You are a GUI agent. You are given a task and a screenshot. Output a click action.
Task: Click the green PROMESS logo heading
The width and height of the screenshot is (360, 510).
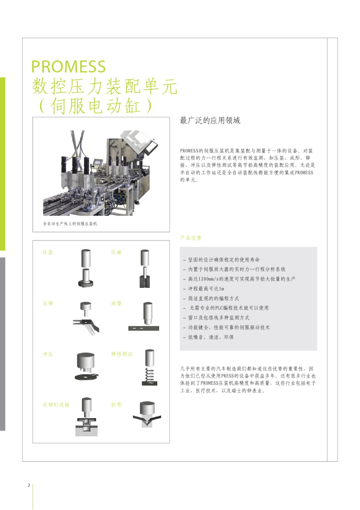68,67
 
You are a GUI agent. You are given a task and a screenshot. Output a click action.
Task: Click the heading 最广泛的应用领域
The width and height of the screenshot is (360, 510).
210,121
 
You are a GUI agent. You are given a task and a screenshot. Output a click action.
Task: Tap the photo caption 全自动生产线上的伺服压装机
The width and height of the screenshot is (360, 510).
70,224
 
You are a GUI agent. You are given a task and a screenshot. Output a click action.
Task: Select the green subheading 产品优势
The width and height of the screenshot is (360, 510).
191,238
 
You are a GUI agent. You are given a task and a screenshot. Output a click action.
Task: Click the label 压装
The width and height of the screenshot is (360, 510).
48,253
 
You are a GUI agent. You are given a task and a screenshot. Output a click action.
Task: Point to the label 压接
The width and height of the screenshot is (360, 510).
116,253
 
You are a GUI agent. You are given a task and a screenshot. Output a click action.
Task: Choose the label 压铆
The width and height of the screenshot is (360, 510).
48,303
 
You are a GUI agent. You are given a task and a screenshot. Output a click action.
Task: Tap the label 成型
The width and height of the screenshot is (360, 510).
116,303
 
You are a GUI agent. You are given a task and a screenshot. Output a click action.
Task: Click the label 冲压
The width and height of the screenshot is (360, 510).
48,354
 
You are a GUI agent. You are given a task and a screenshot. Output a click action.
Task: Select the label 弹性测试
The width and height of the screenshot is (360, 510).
122,354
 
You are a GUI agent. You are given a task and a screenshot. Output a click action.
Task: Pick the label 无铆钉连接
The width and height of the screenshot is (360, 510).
56,405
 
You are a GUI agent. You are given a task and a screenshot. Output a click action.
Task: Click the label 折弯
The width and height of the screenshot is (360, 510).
116,405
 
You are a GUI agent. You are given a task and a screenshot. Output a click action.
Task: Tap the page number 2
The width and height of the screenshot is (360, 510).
29,485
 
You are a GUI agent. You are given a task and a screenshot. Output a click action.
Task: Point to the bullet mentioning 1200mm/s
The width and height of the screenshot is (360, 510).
242,279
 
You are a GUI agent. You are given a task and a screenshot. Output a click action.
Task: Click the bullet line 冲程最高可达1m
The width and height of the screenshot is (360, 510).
206,289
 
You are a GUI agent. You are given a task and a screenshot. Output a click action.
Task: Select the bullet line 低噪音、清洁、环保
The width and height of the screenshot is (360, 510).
211,337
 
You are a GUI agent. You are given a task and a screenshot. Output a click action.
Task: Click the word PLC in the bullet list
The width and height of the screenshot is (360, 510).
219,308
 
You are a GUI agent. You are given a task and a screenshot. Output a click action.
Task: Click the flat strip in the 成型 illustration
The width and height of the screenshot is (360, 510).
144,328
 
